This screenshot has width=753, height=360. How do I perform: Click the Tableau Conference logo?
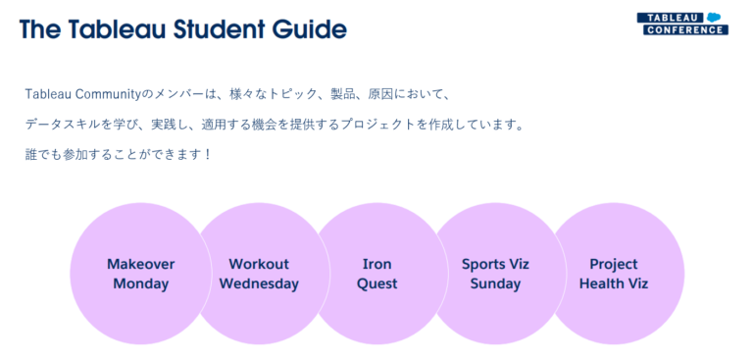682,24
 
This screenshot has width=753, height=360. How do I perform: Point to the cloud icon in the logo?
714,17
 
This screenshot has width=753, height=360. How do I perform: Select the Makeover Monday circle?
141,274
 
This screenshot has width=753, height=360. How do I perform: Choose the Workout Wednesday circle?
259,274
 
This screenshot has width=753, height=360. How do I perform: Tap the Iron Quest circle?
376,274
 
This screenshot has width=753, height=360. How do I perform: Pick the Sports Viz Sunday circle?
495,274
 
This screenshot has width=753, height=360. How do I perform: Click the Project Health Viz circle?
614,274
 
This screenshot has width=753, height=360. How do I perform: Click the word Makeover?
141,264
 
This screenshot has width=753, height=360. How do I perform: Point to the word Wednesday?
259,284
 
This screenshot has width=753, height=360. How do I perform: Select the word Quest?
376,284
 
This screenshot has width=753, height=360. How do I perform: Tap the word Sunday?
495,284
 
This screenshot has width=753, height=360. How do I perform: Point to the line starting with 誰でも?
119,155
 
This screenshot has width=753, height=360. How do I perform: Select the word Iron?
376,264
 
